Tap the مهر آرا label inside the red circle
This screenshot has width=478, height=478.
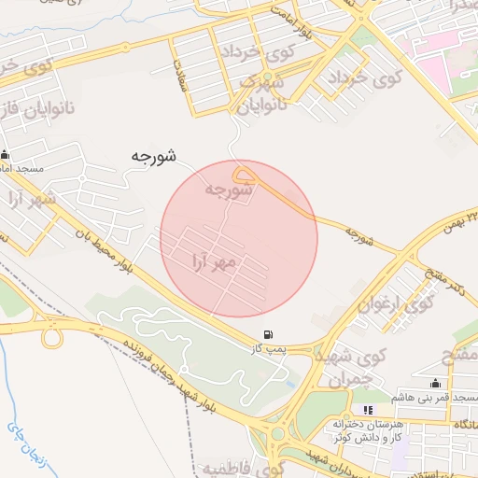[215, 258]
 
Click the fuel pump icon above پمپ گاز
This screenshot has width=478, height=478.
[269, 333]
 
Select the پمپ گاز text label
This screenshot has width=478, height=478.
[268, 348]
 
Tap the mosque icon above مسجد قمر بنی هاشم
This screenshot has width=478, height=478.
[435, 383]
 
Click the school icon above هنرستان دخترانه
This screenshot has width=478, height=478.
[369, 409]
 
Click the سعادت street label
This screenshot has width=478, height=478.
[176, 75]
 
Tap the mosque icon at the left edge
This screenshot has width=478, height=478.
[6, 155]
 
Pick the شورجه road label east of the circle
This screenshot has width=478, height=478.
[358, 236]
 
